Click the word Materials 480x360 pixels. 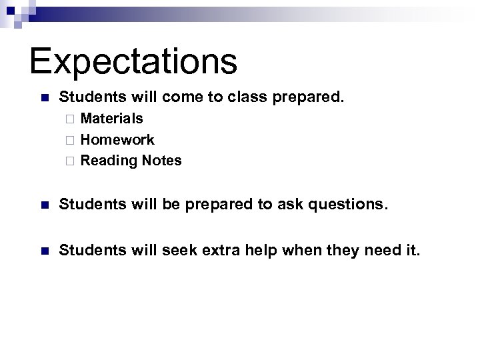point(111,119)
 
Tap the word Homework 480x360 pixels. point(117,140)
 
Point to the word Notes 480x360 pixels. point(161,161)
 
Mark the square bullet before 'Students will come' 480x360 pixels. point(44,98)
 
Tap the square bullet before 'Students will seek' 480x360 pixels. point(44,251)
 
